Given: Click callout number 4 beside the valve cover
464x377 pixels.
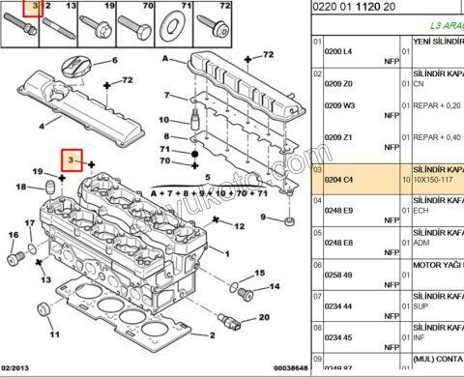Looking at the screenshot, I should [41, 125].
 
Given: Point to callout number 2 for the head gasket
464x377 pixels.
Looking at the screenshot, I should [212, 335].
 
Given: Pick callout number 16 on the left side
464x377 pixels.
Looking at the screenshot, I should [14, 235].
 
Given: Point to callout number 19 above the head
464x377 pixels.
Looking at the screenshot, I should [39, 171].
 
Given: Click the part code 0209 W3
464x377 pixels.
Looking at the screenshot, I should [340, 104].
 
